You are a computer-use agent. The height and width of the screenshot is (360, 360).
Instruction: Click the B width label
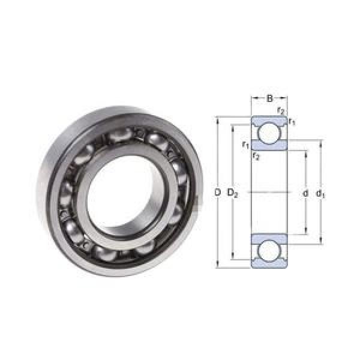269,98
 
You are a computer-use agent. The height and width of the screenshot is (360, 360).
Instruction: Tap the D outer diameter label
217,193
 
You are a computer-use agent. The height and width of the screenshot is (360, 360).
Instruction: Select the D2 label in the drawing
232,193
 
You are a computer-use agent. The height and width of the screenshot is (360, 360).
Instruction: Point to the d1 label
320,194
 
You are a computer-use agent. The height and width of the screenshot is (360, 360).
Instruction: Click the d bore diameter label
305,193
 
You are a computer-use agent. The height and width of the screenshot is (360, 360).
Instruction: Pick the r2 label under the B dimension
281,110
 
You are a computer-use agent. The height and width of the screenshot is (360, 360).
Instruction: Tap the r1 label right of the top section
292,121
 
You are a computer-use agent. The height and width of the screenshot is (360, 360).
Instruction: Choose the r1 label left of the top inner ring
245,145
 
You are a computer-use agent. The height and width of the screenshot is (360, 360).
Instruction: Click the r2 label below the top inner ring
256,156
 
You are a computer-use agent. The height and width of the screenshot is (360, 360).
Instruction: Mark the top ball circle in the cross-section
269,134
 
